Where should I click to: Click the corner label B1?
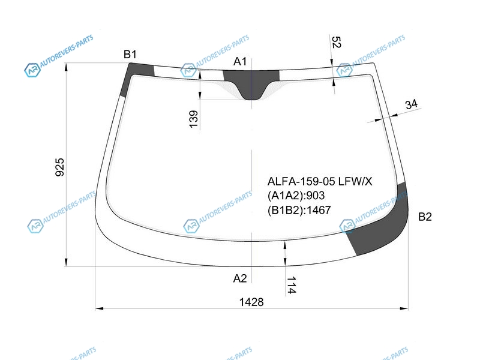pos(130,54)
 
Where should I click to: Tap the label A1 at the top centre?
pos(239,62)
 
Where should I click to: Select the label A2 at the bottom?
pos(239,278)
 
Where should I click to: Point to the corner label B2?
pos(425,217)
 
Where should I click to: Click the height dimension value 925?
pos(59,167)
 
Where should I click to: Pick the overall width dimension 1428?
pos(251,302)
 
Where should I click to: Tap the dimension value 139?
pos(193,119)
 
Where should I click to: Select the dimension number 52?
pos(336,42)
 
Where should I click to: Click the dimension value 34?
pos(411,104)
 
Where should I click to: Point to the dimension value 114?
pos(291,285)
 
